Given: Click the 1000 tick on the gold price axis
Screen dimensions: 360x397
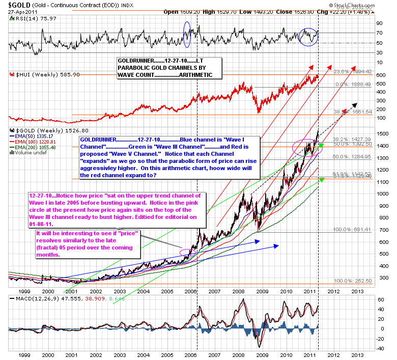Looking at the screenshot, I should point(380,193).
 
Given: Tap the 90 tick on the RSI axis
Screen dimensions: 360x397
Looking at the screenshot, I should point(379,23).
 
